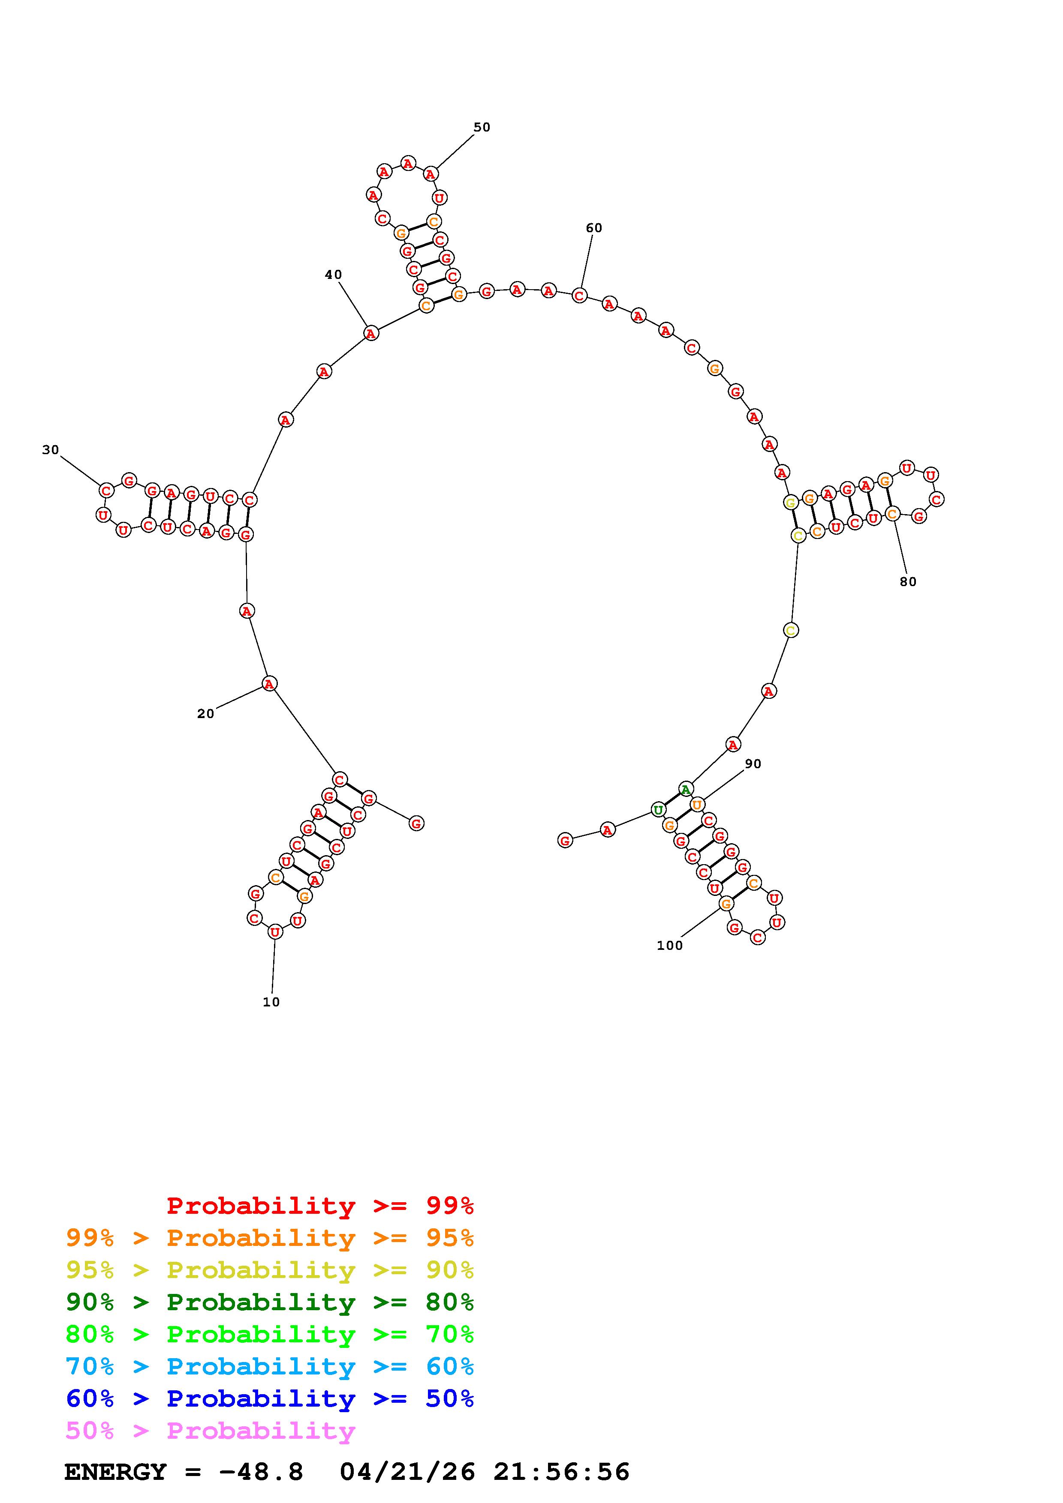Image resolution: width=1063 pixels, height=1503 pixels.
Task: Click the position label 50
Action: [482, 127]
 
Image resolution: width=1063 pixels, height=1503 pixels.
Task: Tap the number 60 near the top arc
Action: [593, 228]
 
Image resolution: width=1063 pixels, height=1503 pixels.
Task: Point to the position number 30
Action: [51, 450]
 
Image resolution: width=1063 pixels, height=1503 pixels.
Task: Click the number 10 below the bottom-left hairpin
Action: [271, 1002]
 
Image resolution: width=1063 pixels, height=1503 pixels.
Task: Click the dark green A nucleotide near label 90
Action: [685, 790]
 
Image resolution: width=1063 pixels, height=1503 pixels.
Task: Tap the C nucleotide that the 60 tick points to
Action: [579, 296]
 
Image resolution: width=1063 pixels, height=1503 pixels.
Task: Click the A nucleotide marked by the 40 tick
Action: [371, 334]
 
